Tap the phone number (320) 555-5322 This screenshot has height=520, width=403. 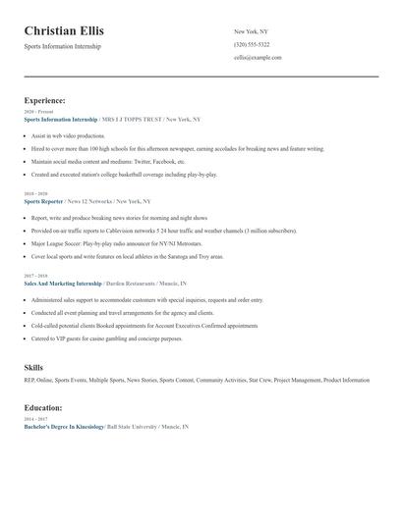click(252, 44)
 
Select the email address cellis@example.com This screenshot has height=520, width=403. click(258, 57)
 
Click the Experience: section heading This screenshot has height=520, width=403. click(45, 100)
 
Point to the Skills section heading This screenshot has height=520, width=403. click(33, 366)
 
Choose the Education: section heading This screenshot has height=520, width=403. click(43, 407)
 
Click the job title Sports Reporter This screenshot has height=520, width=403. click(43, 200)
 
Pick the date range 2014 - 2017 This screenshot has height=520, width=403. click(35, 419)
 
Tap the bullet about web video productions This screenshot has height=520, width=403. click(67, 136)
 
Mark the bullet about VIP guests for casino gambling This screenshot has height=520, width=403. click(106, 338)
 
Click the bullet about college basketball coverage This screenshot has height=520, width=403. click(124, 173)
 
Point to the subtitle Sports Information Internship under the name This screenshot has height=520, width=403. click(62, 46)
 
